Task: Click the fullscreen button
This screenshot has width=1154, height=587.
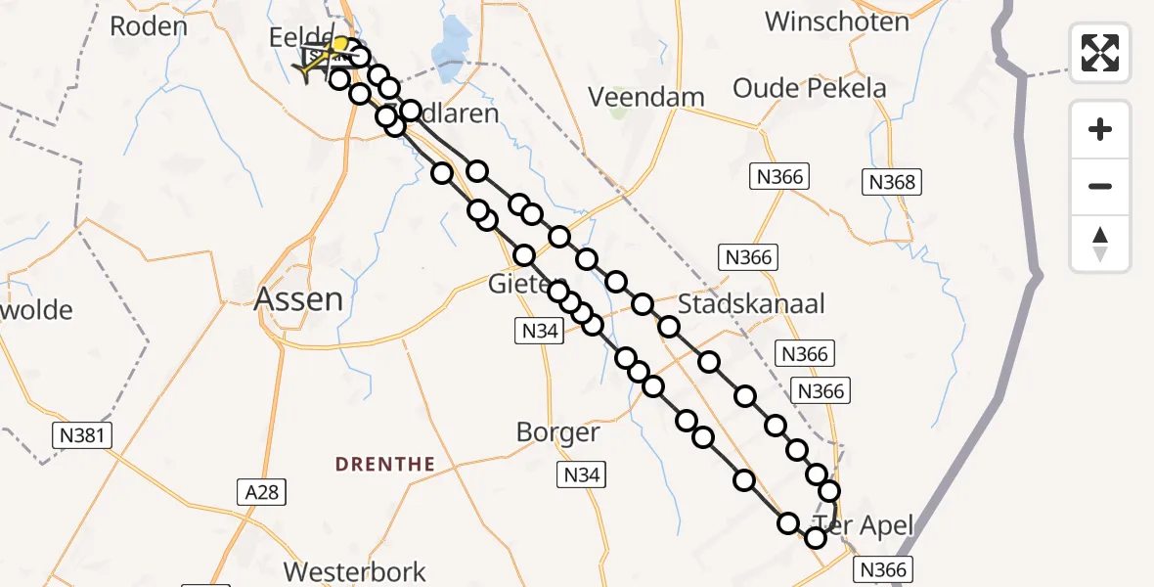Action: (x=1100, y=53)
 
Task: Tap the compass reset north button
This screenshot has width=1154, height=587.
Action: (x=1100, y=244)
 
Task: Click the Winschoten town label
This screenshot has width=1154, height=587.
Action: (x=836, y=21)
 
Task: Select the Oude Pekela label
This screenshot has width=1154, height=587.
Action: (x=810, y=88)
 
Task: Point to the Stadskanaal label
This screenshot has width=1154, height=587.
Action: (x=751, y=303)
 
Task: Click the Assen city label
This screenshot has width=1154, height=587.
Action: (x=298, y=298)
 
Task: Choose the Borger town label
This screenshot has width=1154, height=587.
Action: (x=557, y=431)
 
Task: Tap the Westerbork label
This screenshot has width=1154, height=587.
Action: (x=355, y=571)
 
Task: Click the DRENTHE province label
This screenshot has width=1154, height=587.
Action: (x=385, y=464)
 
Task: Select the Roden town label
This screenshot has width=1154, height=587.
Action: (x=149, y=26)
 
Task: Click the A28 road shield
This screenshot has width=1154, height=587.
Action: (x=262, y=492)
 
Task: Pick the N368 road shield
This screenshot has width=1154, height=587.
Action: (x=891, y=181)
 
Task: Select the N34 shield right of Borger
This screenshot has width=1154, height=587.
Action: (x=582, y=475)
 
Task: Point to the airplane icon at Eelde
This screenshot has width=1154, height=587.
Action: (x=318, y=62)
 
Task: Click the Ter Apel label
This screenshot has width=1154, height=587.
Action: (x=864, y=525)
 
